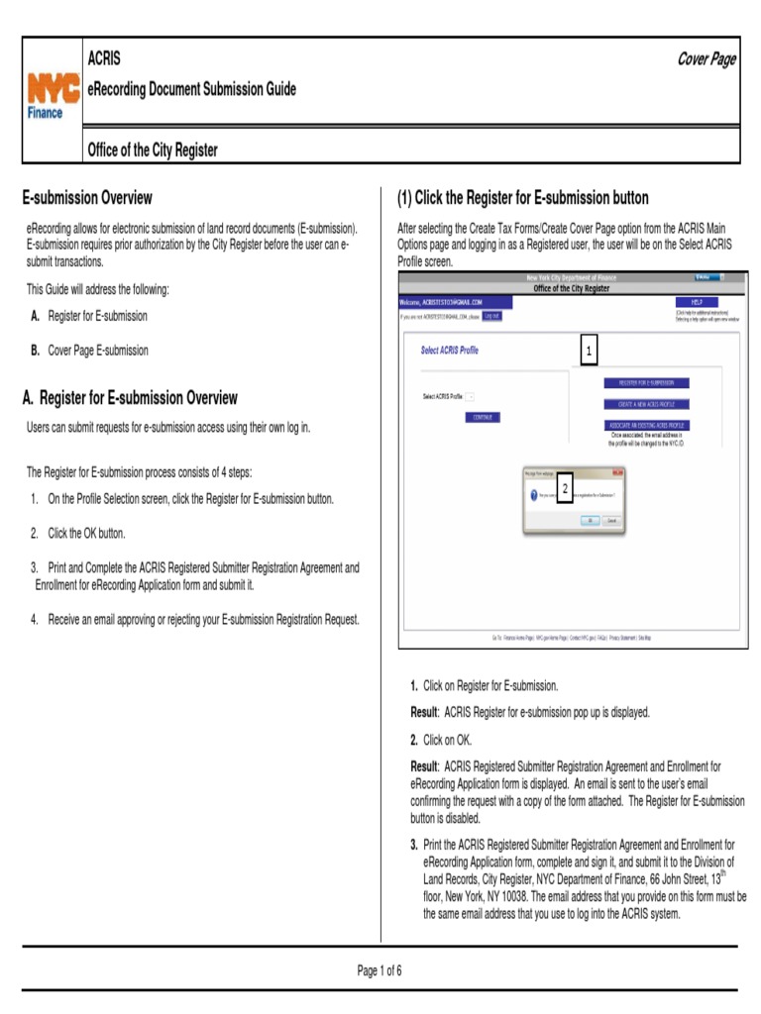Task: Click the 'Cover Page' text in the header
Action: (706, 59)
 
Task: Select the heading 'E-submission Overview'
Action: (87, 198)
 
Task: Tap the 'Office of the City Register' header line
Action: (153, 151)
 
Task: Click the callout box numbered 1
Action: (589, 352)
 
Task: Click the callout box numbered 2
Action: (565, 490)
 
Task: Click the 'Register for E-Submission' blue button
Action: (646, 383)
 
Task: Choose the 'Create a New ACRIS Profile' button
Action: (646, 404)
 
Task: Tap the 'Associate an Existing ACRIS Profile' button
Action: (646, 425)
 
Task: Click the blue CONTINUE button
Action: (483, 418)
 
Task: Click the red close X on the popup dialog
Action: (619, 473)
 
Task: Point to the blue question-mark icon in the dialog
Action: (533, 494)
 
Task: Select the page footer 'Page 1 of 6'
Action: (380, 970)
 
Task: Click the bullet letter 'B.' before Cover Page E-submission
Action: (36, 351)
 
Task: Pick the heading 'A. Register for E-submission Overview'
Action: (130, 398)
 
